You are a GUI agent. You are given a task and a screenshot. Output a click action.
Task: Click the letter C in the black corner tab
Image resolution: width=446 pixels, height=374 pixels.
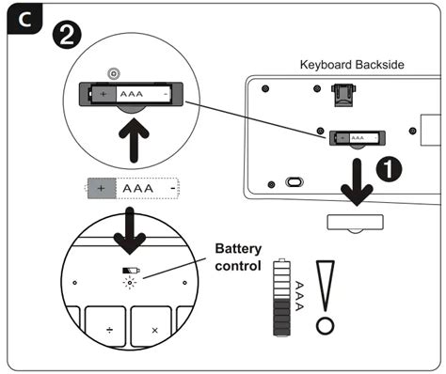[24, 20]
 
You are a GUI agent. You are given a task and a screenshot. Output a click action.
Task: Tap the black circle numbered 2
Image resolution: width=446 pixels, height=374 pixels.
[67, 35]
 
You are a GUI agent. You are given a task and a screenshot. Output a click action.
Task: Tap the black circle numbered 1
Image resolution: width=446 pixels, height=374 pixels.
[389, 169]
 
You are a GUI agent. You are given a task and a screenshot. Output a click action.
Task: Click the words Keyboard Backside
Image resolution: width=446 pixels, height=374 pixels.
[352, 65]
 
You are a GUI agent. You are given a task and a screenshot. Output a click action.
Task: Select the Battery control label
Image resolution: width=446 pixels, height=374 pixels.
[238, 257]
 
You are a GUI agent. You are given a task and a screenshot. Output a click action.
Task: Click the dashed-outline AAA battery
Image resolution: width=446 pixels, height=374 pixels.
[133, 188]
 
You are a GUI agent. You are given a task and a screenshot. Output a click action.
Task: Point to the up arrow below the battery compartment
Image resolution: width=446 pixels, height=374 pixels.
[134, 140]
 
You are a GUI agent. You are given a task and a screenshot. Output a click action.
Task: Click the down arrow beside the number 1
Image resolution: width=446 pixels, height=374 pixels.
[357, 182]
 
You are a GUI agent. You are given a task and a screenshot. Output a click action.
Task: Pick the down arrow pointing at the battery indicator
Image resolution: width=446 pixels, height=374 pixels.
[130, 231]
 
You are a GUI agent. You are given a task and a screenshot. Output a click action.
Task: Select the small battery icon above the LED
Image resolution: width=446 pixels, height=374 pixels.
[131, 271]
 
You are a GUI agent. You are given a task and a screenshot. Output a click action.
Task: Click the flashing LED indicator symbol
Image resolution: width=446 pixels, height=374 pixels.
[130, 283]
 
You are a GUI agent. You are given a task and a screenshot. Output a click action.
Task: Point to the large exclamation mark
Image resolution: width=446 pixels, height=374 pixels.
[326, 298]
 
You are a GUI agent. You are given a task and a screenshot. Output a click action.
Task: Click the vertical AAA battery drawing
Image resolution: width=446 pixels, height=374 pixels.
[281, 297]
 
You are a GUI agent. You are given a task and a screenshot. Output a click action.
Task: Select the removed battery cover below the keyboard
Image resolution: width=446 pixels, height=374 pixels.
[356, 223]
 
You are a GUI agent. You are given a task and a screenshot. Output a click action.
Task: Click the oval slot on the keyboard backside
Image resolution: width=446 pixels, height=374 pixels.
[295, 181]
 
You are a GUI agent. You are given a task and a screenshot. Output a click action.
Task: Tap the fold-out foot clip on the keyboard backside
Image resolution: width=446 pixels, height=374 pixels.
[343, 95]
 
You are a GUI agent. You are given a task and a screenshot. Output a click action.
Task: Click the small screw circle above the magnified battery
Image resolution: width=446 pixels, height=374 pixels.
[114, 74]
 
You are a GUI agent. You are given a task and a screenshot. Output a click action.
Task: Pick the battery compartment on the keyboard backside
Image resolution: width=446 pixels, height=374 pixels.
[358, 138]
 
